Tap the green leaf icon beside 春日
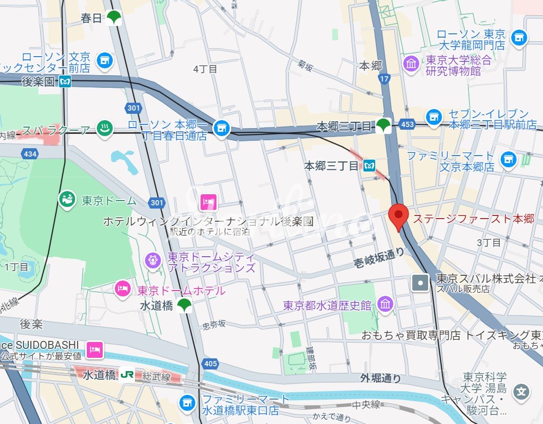(114, 18)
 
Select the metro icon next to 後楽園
(65, 82)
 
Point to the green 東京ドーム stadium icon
(67, 201)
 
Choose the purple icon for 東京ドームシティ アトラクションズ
(153, 259)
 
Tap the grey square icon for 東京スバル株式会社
(421, 283)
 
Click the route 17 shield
(385, 79)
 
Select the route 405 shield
(210, 364)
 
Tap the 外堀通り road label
(381, 378)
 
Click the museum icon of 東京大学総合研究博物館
(411, 64)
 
